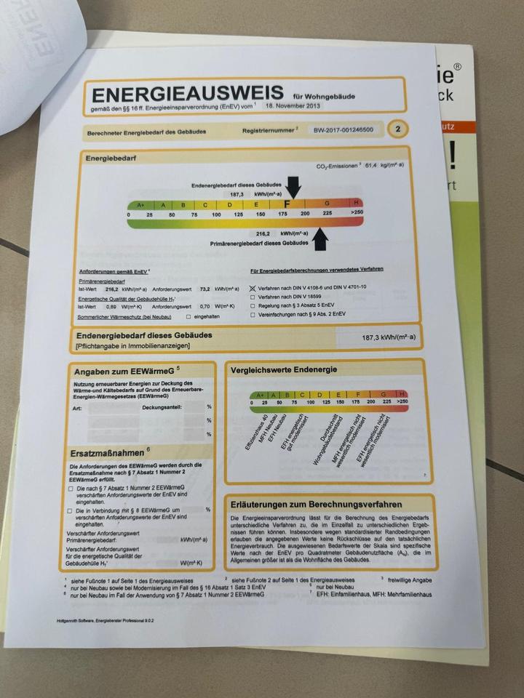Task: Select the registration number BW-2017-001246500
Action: pos(344,130)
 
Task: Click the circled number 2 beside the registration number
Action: pos(397,129)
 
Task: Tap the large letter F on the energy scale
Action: pos(288,204)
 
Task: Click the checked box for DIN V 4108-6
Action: pos(253,287)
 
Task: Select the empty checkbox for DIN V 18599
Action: pos(253,297)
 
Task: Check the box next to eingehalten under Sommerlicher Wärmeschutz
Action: pos(188,316)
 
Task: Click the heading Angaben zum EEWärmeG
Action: pos(122,372)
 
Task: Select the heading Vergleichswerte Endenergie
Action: pos(283,370)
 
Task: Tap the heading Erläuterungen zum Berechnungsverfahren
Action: pos(312,504)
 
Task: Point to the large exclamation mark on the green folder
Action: pos(457,154)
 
